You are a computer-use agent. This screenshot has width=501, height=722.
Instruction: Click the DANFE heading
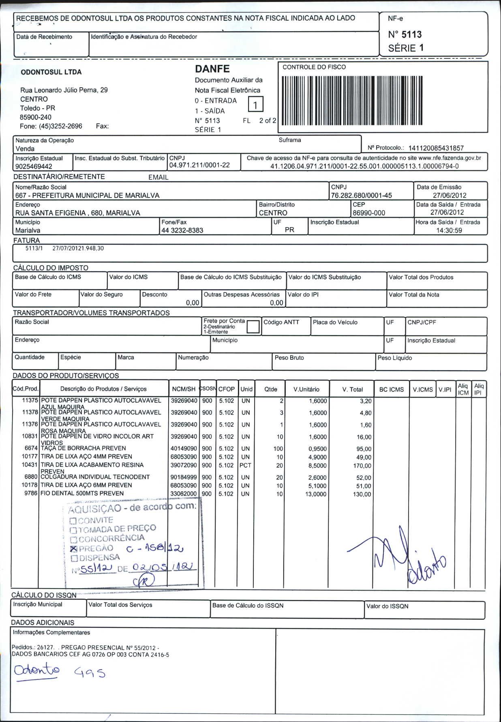click(x=212, y=69)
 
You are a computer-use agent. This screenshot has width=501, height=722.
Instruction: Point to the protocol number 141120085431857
click(x=436, y=148)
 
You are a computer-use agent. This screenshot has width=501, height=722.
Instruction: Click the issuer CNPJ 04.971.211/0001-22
click(x=199, y=165)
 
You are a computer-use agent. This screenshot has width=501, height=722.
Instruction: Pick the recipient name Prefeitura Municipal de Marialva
click(x=88, y=195)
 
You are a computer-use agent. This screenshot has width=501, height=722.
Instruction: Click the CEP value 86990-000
click(x=369, y=213)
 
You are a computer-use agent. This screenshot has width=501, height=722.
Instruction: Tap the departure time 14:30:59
click(x=449, y=230)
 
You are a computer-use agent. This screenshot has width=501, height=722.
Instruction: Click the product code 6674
click(x=31, y=448)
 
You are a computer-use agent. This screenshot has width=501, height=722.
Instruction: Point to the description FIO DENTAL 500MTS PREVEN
click(x=82, y=493)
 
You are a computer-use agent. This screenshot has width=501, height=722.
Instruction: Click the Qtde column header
click(x=271, y=389)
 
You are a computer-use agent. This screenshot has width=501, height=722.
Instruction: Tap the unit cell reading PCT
click(x=245, y=465)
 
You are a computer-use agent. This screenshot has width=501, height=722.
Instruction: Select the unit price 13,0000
click(x=316, y=494)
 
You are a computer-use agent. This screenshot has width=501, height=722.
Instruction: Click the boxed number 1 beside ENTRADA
click(x=255, y=105)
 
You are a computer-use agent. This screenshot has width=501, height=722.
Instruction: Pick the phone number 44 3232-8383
click(x=182, y=230)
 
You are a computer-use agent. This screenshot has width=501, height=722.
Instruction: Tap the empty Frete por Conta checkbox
click(x=253, y=327)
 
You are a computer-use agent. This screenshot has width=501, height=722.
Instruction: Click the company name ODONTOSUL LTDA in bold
click(x=51, y=72)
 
